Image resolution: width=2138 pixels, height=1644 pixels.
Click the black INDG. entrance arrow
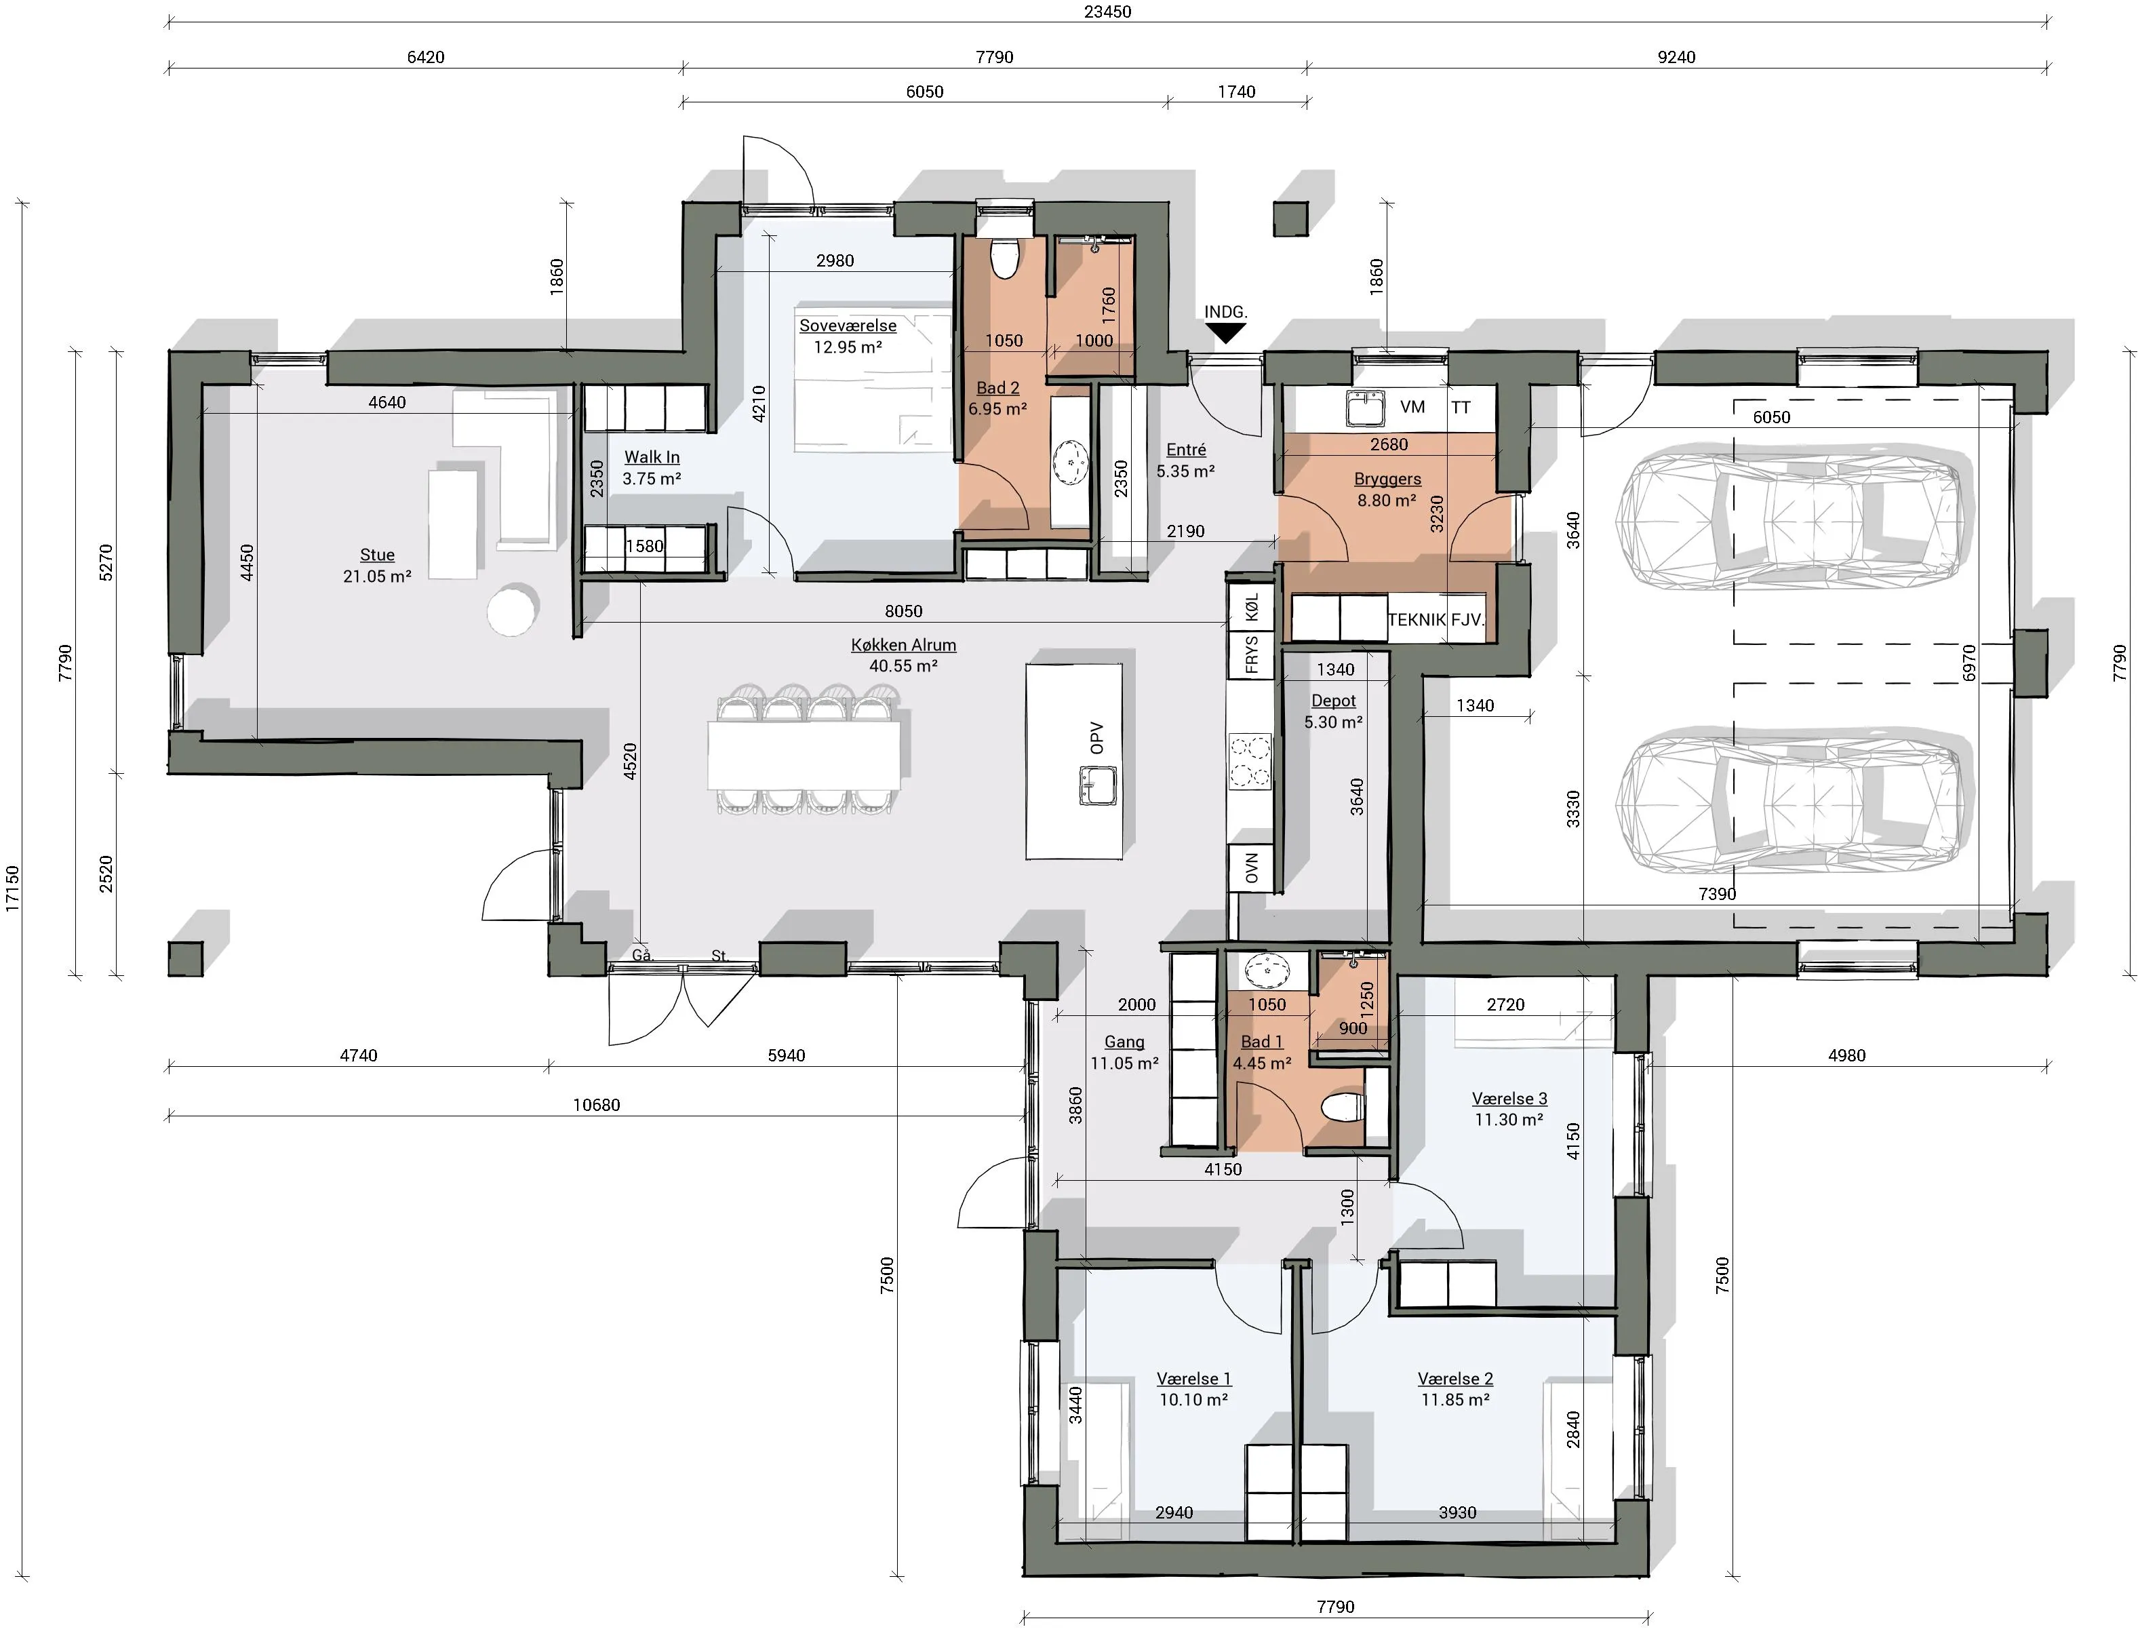click(x=1224, y=334)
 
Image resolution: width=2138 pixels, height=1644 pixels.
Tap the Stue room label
click(x=377, y=555)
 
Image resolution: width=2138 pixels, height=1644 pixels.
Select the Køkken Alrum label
click(x=903, y=645)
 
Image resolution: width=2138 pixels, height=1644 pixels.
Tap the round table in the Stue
click(x=512, y=610)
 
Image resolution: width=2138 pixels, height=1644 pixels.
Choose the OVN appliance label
click(x=1252, y=868)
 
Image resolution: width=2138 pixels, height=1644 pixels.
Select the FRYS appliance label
click(x=1252, y=654)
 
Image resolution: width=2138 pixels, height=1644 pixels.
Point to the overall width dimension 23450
click(x=1107, y=12)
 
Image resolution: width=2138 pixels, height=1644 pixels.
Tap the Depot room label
click(x=1334, y=701)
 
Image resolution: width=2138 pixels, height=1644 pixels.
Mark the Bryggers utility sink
click(x=1365, y=408)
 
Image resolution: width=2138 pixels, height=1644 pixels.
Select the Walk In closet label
click(x=652, y=457)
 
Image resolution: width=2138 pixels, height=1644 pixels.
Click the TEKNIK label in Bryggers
click(x=1416, y=619)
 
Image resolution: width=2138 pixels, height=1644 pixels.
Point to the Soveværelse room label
click(x=848, y=326)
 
